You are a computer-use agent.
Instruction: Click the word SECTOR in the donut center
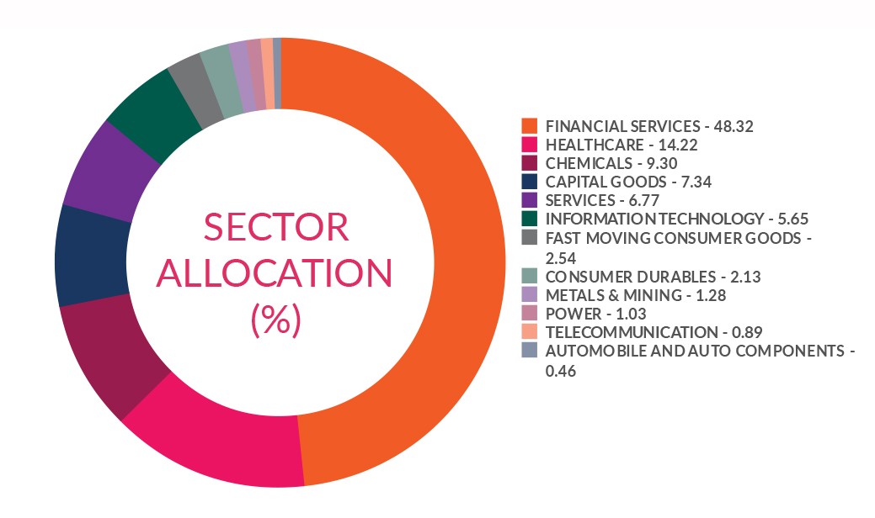click(x=276, y=228)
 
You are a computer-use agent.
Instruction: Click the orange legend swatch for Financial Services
click(x=530, y=126)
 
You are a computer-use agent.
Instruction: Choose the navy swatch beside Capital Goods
click(x=530, y=182)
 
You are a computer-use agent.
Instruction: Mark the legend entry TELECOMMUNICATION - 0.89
click(x=632, y=332)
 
